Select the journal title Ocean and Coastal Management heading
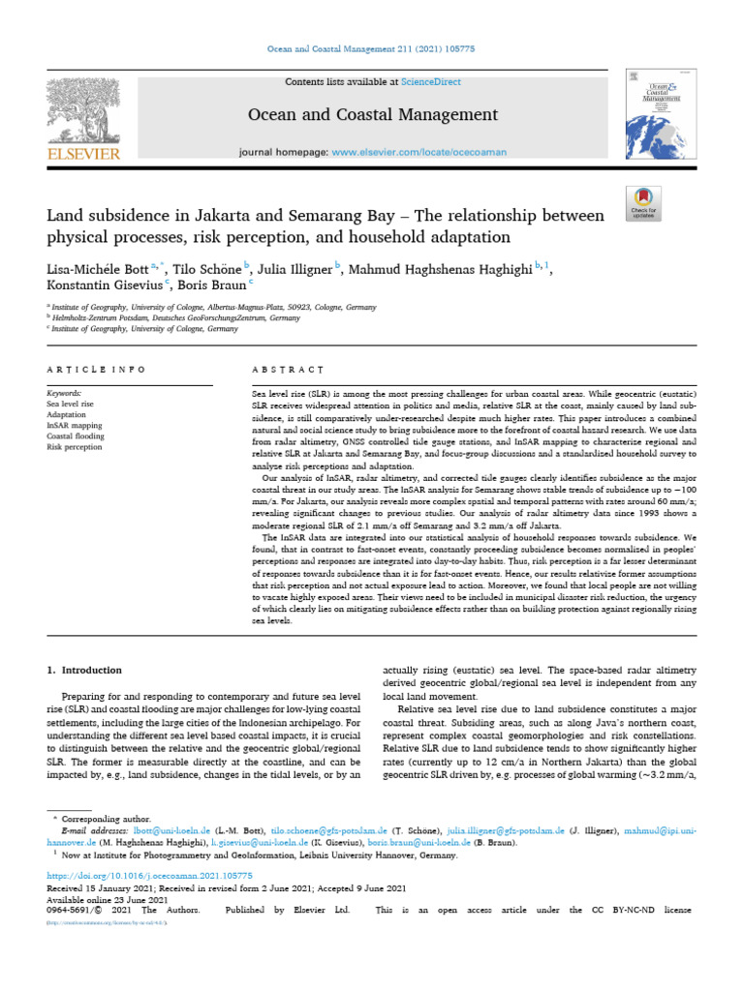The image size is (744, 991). pyautogui.click(x=373, y=115)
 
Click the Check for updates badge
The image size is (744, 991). pyautogui.click(x=643, y=200)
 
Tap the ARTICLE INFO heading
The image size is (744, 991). pyautogui.click(x=97, y=370)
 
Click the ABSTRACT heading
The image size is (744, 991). pyautogui.click(x=287, y=370)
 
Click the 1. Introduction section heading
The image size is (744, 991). pyautogui.click(x=85, y=670)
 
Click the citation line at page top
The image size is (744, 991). pyautogui.click(x=372, y=47)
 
